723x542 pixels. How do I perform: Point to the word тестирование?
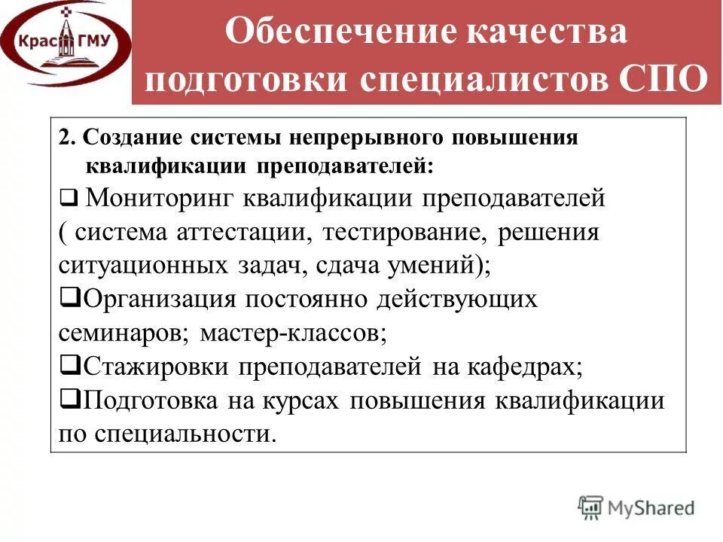(404, 232)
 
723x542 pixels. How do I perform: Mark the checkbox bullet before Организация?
(65, 299)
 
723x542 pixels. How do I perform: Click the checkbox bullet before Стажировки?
(65, 366)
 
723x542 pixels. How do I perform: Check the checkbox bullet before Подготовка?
(65, 399)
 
